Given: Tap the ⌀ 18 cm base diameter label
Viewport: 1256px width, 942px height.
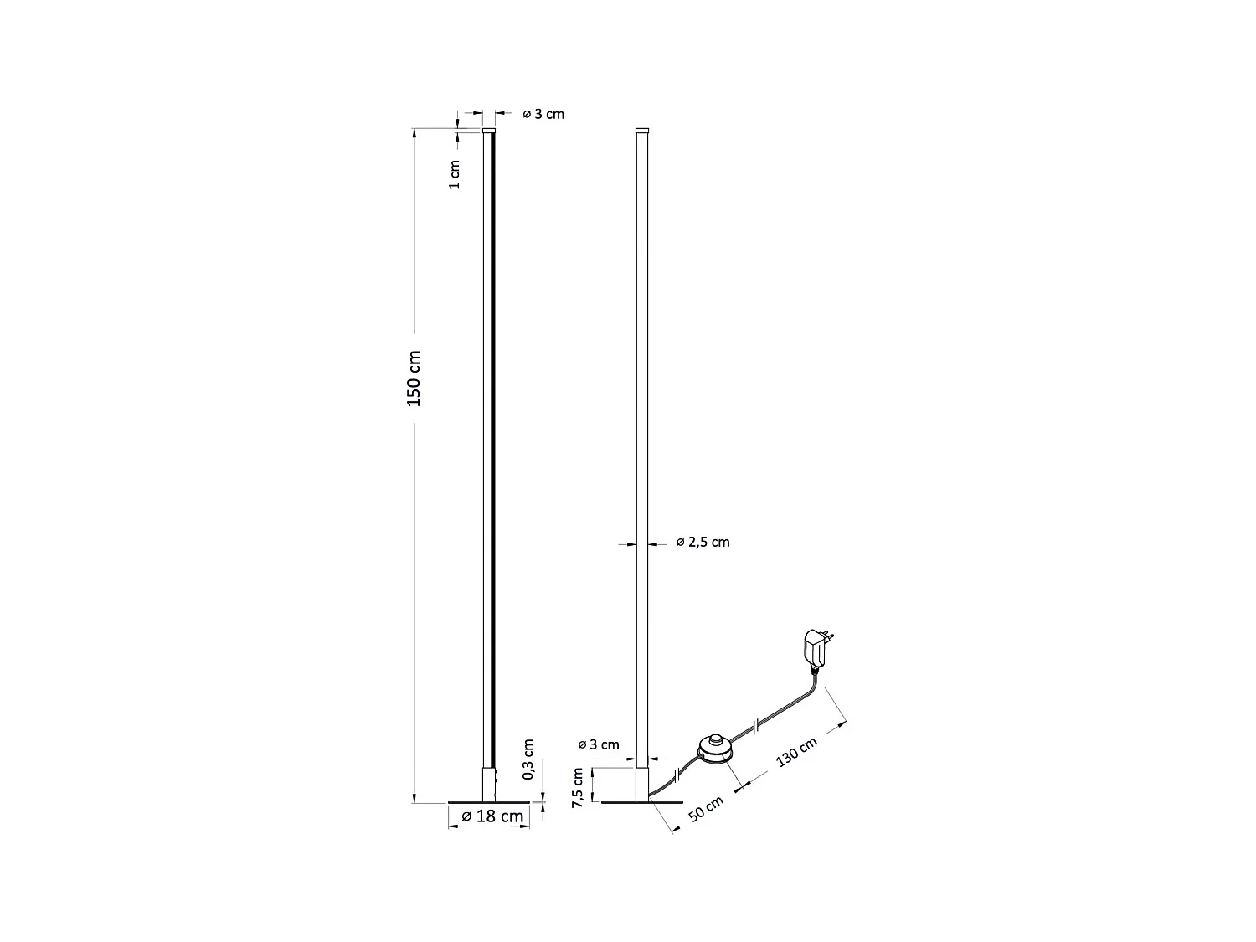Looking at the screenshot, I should [x=492, y=816].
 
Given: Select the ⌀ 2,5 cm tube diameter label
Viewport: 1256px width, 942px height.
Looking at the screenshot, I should [x=703, y=543].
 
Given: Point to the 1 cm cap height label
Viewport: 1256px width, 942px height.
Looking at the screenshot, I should [x=455, y=173].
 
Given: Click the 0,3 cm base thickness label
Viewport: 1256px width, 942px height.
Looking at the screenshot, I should [x=528, y=759].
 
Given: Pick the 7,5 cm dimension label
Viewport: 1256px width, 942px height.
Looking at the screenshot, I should [x=578, y=787].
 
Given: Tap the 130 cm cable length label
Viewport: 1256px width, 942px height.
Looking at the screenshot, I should [x=796, y=753].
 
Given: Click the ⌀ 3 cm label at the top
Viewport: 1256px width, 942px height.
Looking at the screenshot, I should [x=543, y=114].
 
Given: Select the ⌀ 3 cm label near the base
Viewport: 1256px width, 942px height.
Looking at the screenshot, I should [x=599, y=744].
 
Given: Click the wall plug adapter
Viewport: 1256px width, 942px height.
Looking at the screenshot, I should [x=814, y=648].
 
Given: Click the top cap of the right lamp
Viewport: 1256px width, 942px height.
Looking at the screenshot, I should [x=642, y=131].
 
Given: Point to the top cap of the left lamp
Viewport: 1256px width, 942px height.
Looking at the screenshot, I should [x=489, y=131].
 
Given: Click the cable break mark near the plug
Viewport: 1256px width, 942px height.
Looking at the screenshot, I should [x=757, y=724].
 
